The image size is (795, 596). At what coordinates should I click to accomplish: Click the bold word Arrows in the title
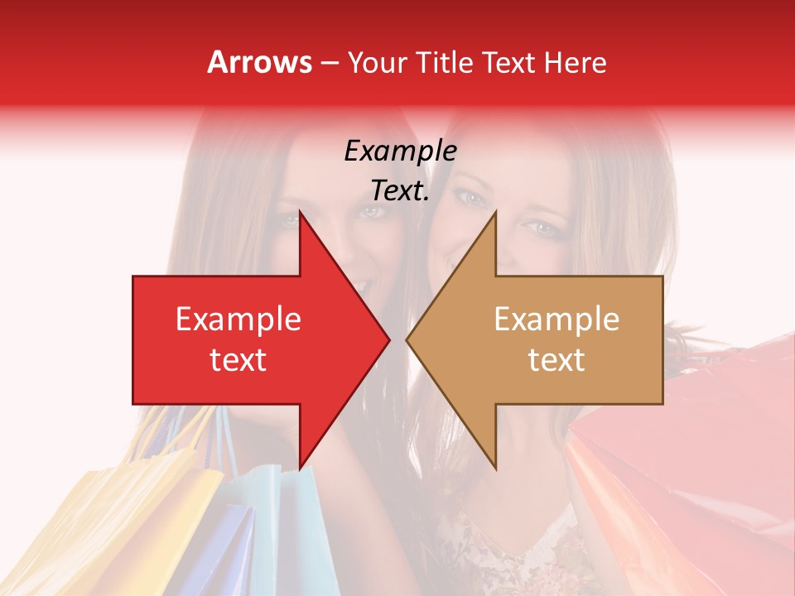click(259, 62)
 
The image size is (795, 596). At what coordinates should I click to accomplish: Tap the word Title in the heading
click(444, 62)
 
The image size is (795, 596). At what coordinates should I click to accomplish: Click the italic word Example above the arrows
click(400, 151)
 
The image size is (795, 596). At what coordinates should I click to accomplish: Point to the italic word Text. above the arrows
click(400, 190)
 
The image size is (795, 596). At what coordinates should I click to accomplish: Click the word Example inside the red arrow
click(238, 320)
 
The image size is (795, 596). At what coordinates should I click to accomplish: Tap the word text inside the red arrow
click(238, 360)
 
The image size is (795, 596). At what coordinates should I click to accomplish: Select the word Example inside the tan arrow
click(556, 320)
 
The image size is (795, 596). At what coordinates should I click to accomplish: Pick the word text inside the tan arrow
click(556, 360)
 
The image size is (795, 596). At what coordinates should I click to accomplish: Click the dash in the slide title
click(330, 63)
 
